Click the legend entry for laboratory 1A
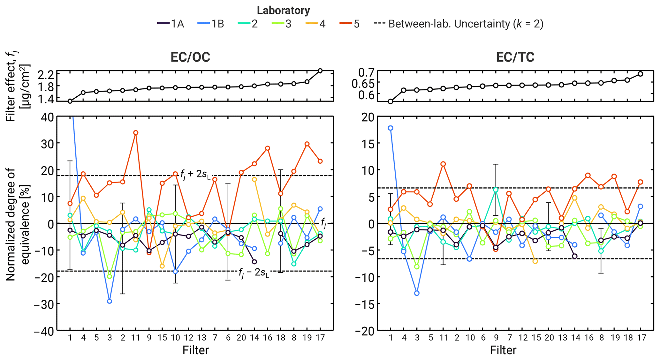click(171, 24)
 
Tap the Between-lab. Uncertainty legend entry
click(459, 24)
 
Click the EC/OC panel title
click(190, 57)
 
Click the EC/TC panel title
click(515, 57)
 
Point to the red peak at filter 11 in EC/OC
click(136, 133)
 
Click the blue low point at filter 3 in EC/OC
click(110, 301)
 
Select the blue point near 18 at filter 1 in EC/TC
click(391, 128)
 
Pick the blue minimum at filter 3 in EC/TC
click(417, 293)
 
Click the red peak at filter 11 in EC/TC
click(443, 164)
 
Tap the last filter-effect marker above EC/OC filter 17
click(320, 71)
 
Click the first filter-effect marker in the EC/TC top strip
click(391, 101)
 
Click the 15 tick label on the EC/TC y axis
click(367, 144)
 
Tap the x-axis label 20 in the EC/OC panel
click(241, 338)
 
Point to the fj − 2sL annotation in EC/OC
click(254, 273)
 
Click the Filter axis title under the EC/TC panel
click(503, 350)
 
